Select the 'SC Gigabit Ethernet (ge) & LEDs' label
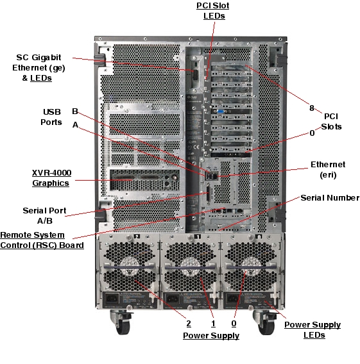pyautogui.click(x=39, y=67)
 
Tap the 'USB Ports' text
pyautogui.click(x=52, y=117)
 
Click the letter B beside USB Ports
pyautogui.click(x=75, y=110)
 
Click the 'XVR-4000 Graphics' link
pyautogui.click(x=51, y=178)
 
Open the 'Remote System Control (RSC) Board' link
pyautogui.click(x=42, y=240)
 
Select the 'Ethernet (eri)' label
pyautogui.click(x=328, y=169)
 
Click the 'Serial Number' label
pyautogui.click(x=329, y=197)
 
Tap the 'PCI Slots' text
pyautogui.click(x=331, y=121)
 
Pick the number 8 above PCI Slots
pyautogui.click(x=312, y=108)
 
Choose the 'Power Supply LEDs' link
pyautogui.click(x=313, y=329)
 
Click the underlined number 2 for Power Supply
pyautogui.click(x=189, y=324)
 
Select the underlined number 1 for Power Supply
pyautogui.click(x=213, y=324)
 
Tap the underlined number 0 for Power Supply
pyautogui.click(x=234, y=324)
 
